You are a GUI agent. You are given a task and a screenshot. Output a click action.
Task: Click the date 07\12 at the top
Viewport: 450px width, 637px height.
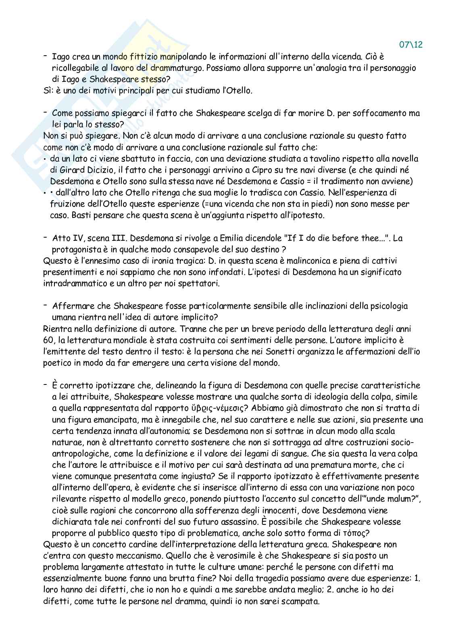click(x=411, y=45)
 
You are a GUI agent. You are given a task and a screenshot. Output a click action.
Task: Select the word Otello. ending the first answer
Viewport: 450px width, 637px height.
click(x=239, y=91)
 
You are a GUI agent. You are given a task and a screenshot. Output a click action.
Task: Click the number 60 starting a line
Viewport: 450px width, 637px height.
click(x=48, y=340)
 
